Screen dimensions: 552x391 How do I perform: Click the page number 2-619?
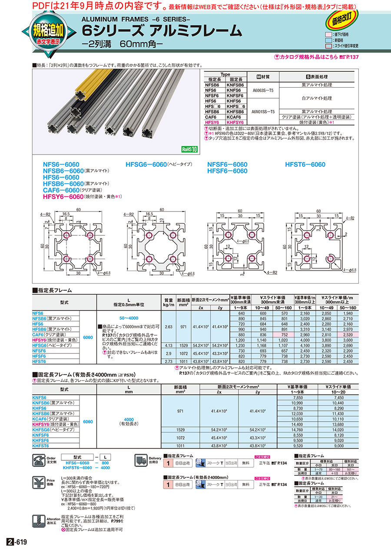tap(17, 542)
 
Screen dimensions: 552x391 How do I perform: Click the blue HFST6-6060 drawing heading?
tap(305, 165)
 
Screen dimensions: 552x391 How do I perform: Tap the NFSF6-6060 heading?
tap(227, 165)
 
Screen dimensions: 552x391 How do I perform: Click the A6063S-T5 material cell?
tap(263, 92)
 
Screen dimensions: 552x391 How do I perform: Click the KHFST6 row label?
tap(41, 446)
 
